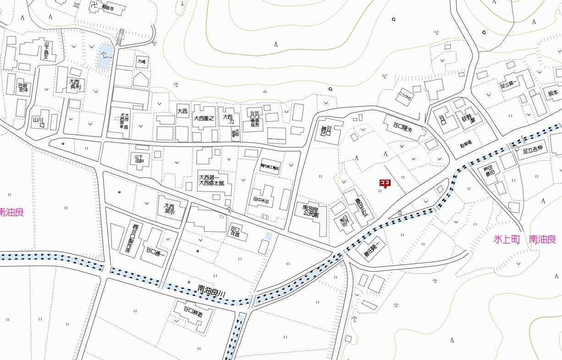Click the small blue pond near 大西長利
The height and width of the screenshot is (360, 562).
(105, 57)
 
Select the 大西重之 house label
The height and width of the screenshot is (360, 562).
(204, 118)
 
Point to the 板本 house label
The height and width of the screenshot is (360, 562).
(552, 93)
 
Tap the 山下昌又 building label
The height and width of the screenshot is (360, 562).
(49, 52)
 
